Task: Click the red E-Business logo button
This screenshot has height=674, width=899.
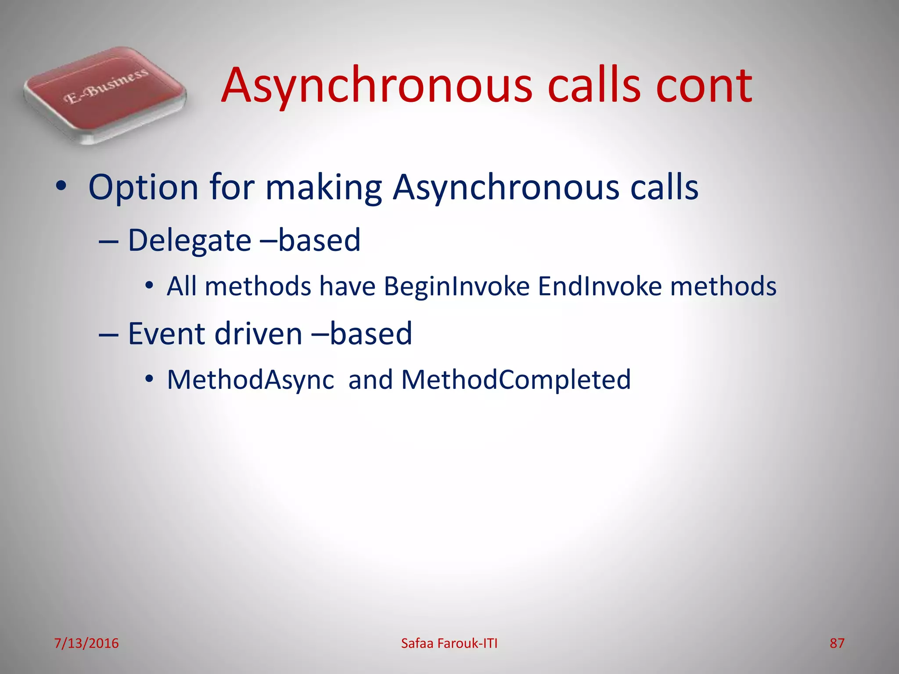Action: (105, 94)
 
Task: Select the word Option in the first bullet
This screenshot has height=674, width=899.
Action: (143, 188)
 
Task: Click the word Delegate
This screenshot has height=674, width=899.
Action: (189, 240)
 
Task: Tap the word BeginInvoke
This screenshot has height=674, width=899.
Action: (457, 287)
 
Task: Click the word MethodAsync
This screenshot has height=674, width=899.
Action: (251, 380)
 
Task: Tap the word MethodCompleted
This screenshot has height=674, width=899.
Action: (516, 380)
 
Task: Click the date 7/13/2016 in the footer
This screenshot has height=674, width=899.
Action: (86, 643)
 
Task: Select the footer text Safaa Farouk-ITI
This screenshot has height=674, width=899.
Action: (449, 643)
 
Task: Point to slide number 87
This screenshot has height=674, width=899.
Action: (837, 643)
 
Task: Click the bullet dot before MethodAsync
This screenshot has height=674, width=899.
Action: (149, 379)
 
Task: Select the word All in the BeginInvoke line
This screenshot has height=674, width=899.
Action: (181, 287)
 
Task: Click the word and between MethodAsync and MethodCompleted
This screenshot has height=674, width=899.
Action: (370, 380)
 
